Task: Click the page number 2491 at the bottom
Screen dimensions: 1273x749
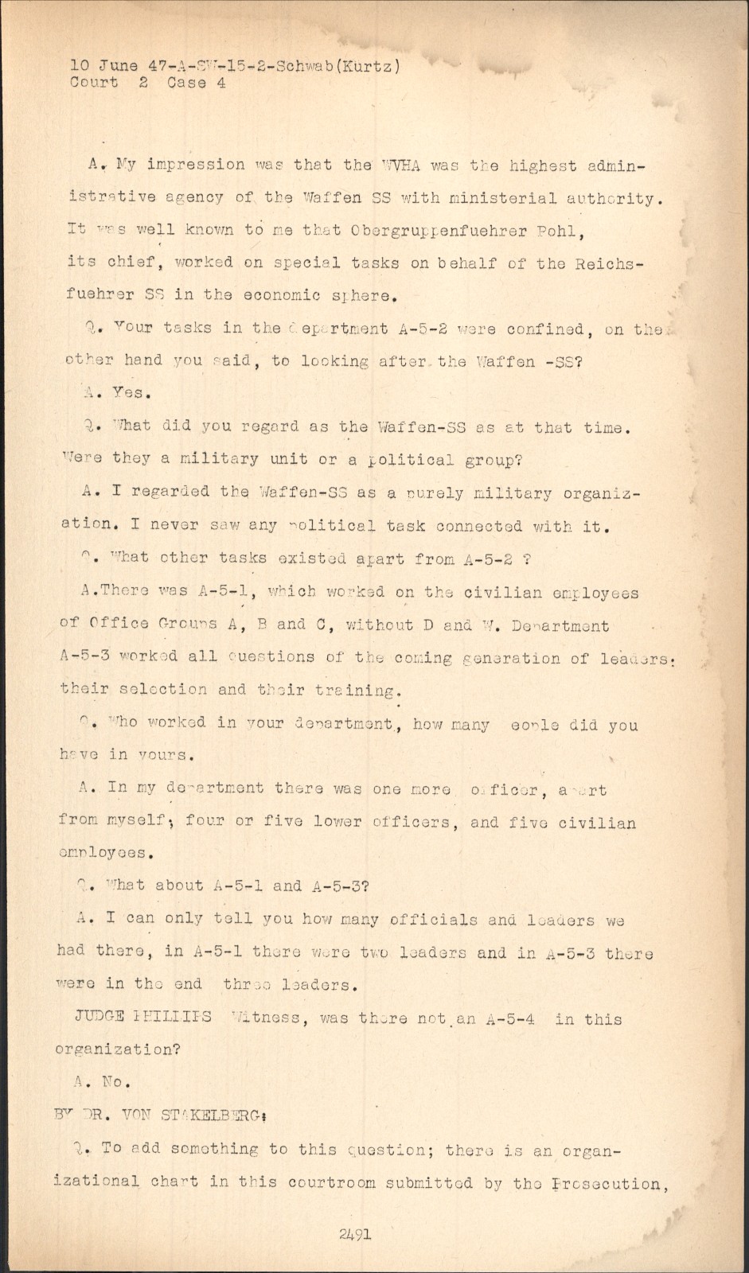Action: (355, 1234)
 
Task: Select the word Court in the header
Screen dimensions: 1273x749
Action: (93, 82)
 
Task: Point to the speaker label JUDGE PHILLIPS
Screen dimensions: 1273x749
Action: (142, 1018)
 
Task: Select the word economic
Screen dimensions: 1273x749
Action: (282, 295)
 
